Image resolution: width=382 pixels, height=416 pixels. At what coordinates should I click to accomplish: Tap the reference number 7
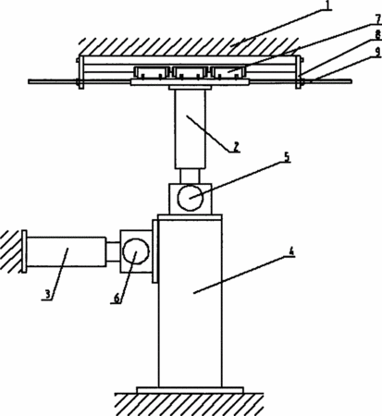click(x=378, y=19)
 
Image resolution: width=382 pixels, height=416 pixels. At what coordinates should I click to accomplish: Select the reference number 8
click(x=378, y=34)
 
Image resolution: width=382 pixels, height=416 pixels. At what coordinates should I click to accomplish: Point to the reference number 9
click(x=378, y=52)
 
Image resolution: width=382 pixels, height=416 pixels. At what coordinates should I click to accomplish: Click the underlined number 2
click(x=236, y=147)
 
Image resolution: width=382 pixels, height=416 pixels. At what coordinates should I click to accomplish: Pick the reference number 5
click(x=287, y=157)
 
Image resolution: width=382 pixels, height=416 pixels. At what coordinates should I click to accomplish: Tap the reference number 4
click(x=291, y=251)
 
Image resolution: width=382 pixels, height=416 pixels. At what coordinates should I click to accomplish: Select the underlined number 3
click(x=47, y=294)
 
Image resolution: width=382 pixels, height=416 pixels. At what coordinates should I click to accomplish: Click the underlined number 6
click(x=117, y=298)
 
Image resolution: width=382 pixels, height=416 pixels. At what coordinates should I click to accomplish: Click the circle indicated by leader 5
click(x=191, y=198)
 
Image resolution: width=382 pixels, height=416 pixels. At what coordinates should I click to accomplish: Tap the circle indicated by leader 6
click(x=136, y=251)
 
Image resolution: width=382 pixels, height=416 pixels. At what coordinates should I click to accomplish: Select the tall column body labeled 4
click(x=190, y=303)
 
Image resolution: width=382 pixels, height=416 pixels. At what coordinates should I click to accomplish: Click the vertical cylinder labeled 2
click(x=190, y=129)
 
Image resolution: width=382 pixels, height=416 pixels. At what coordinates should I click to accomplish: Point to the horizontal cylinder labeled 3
click(x=67, y=251)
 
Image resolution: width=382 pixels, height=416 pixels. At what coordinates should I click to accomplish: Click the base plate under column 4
click(x=190, y=390)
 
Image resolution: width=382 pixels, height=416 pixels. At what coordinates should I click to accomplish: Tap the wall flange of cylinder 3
click(x=23, y=251)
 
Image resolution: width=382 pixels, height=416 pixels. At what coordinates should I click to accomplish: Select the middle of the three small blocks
click(x=190, y=72)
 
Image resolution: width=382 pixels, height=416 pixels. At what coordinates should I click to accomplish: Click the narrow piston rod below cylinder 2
click(x=190, y=177)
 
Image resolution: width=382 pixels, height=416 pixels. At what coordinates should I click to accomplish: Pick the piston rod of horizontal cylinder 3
click(x=113, y=251)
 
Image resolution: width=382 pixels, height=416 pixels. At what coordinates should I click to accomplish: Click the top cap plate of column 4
click(x=190, y=217)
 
